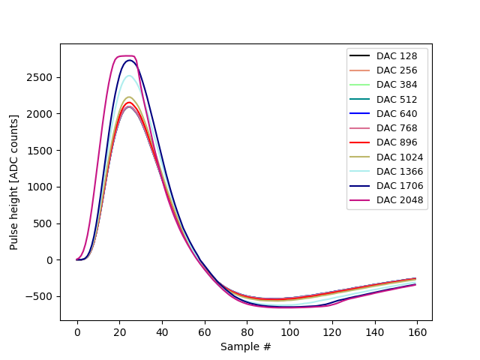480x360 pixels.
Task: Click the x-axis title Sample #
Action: (x=246, y=346)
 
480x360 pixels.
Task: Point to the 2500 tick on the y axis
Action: (x=42, y=77)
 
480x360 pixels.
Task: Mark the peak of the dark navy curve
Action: (x=130, y=60)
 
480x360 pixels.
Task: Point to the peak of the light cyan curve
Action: (x=129, y=76)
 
